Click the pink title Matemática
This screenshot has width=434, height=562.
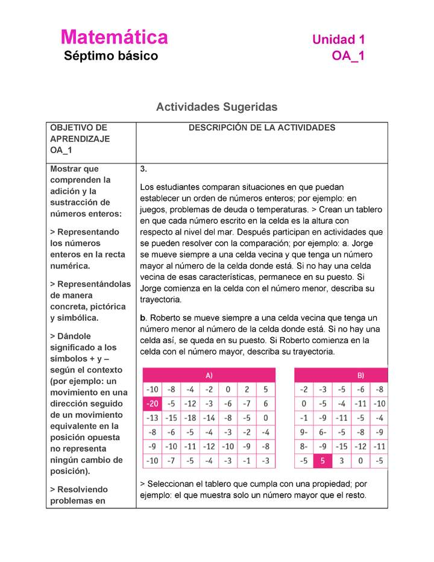click(114, 37)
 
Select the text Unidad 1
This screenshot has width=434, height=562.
click(338, 40)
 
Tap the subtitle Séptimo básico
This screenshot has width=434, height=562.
click(111, 56)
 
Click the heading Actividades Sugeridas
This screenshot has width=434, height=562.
click(216, 107)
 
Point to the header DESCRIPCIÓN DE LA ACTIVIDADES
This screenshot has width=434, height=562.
click(262, 128)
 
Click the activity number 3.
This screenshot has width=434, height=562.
click(143, 169)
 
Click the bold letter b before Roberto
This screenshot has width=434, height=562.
click(142, 318)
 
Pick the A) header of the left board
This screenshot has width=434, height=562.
click(209, 374)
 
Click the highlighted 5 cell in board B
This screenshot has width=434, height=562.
click(322, 461)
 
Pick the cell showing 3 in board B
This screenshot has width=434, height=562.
click(341, 461)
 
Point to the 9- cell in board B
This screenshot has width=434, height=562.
click(304, 432)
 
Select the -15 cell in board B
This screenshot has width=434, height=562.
click(341, 447)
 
